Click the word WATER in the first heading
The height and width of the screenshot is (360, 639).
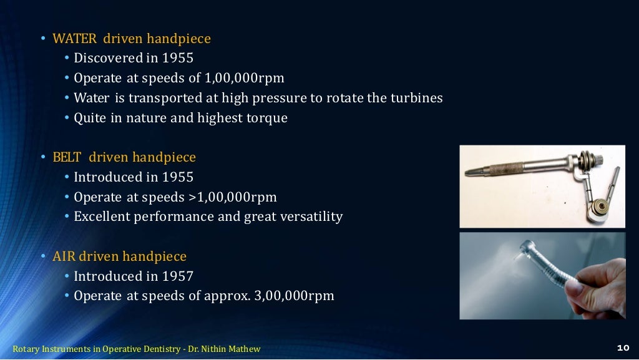coord(74,39)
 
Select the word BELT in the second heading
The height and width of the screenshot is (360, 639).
coord(67,157)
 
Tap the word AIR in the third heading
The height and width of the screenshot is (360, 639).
coord(64,256)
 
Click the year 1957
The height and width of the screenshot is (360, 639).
coord(177,276)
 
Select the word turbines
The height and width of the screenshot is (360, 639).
coord(416,98)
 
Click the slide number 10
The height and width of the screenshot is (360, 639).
coord(622,348)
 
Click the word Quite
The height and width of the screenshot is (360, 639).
coord(90,118)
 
